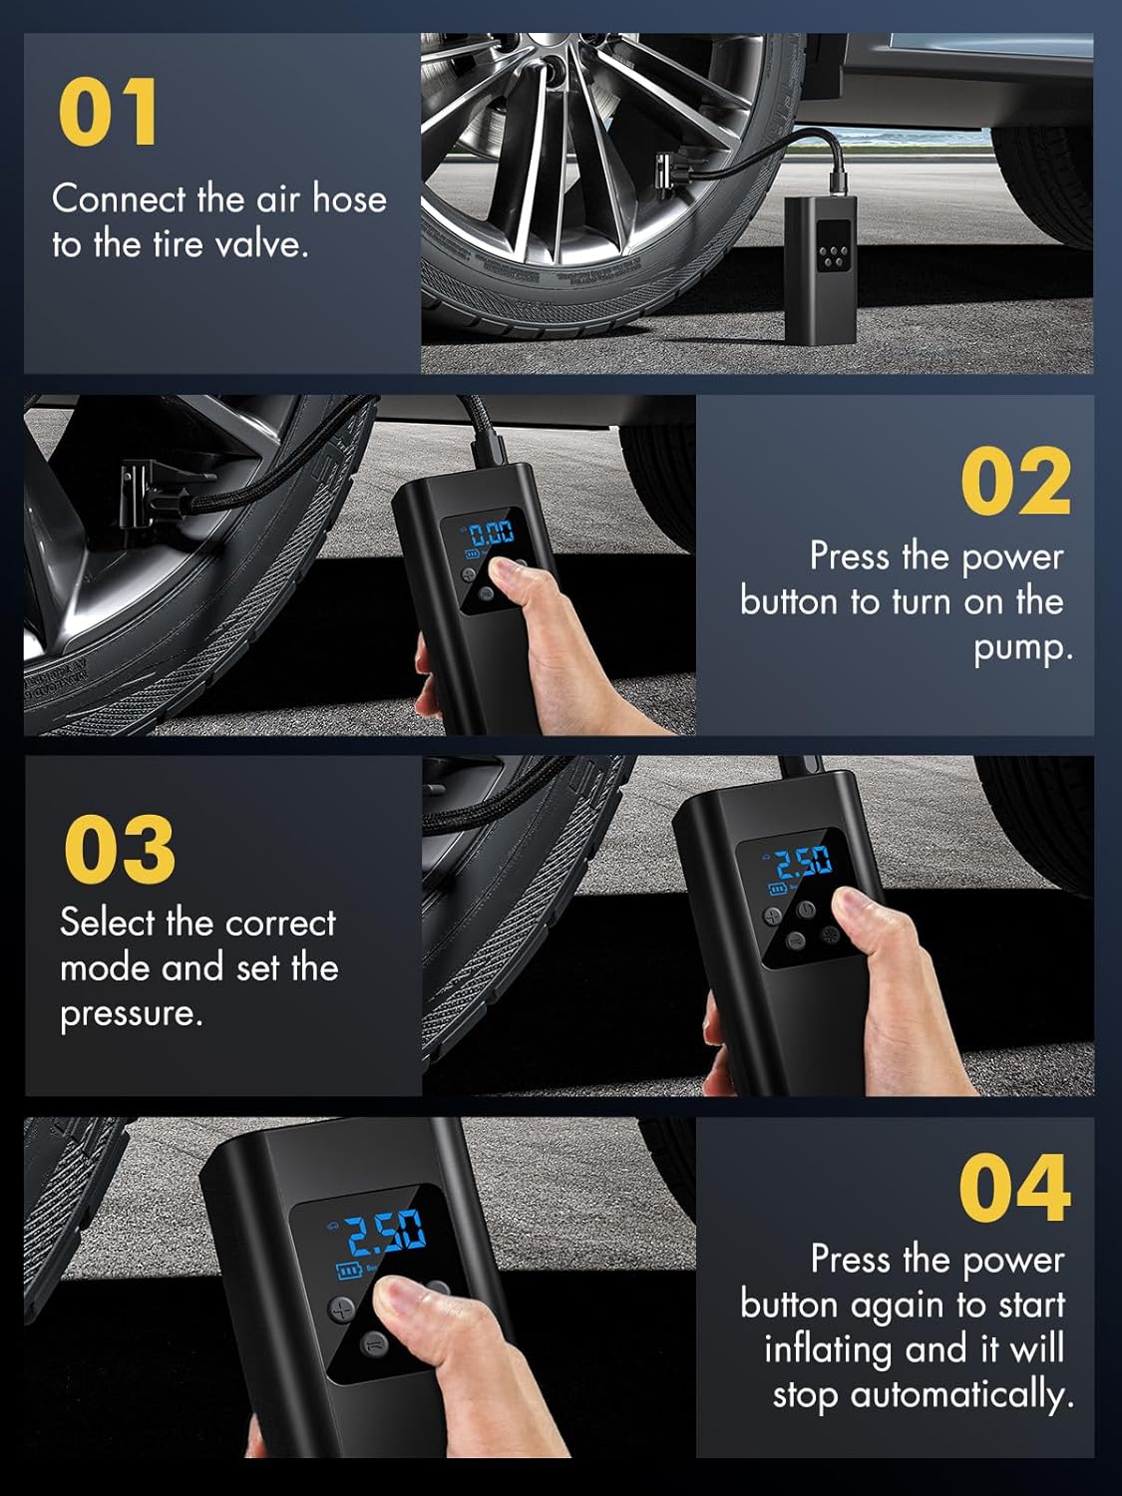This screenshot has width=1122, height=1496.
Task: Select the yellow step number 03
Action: click(120, 849)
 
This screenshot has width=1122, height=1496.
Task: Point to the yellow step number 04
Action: click(1014, 1188)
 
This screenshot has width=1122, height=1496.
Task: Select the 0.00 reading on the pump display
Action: click(491, 532)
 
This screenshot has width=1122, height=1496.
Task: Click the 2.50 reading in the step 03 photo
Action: click(804, 862)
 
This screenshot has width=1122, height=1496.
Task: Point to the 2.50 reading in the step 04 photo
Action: click(386, 1233)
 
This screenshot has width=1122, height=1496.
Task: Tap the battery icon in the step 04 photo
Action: click(348, 1271)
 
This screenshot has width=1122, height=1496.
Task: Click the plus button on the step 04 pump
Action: click(342, 1308)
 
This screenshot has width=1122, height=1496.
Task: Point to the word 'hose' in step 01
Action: click(349, 199)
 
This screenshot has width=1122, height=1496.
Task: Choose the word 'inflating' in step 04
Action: click(828, 1350)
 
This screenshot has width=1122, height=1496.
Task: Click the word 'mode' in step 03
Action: click(107, 968)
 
